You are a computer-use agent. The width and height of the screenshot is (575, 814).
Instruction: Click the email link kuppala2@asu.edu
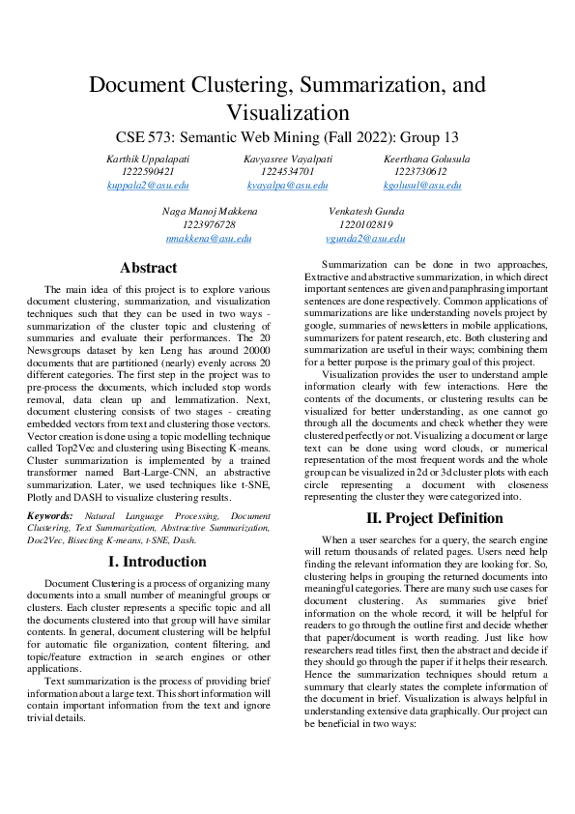tap(148, 185)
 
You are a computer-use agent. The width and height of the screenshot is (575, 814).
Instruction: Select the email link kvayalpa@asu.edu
tap(287, 185)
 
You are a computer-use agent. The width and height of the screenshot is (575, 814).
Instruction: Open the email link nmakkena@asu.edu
tap(209, 238)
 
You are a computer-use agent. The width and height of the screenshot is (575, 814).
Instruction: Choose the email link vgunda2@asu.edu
tap(365, 238)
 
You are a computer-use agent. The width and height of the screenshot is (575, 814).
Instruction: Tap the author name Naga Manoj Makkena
tap(209, 211)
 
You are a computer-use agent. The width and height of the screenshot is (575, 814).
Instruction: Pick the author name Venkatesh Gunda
tap(365, 211)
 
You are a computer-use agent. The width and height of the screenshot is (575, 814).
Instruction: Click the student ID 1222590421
tap(148, 171)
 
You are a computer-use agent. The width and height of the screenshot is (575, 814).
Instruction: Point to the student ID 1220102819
tap(365, 224)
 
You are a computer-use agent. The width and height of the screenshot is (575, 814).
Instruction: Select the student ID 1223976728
tap(209, 224)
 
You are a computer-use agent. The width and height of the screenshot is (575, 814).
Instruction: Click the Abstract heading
tap(148, 268)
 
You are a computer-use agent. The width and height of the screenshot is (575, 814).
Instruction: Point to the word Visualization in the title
tap(287, 112)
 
